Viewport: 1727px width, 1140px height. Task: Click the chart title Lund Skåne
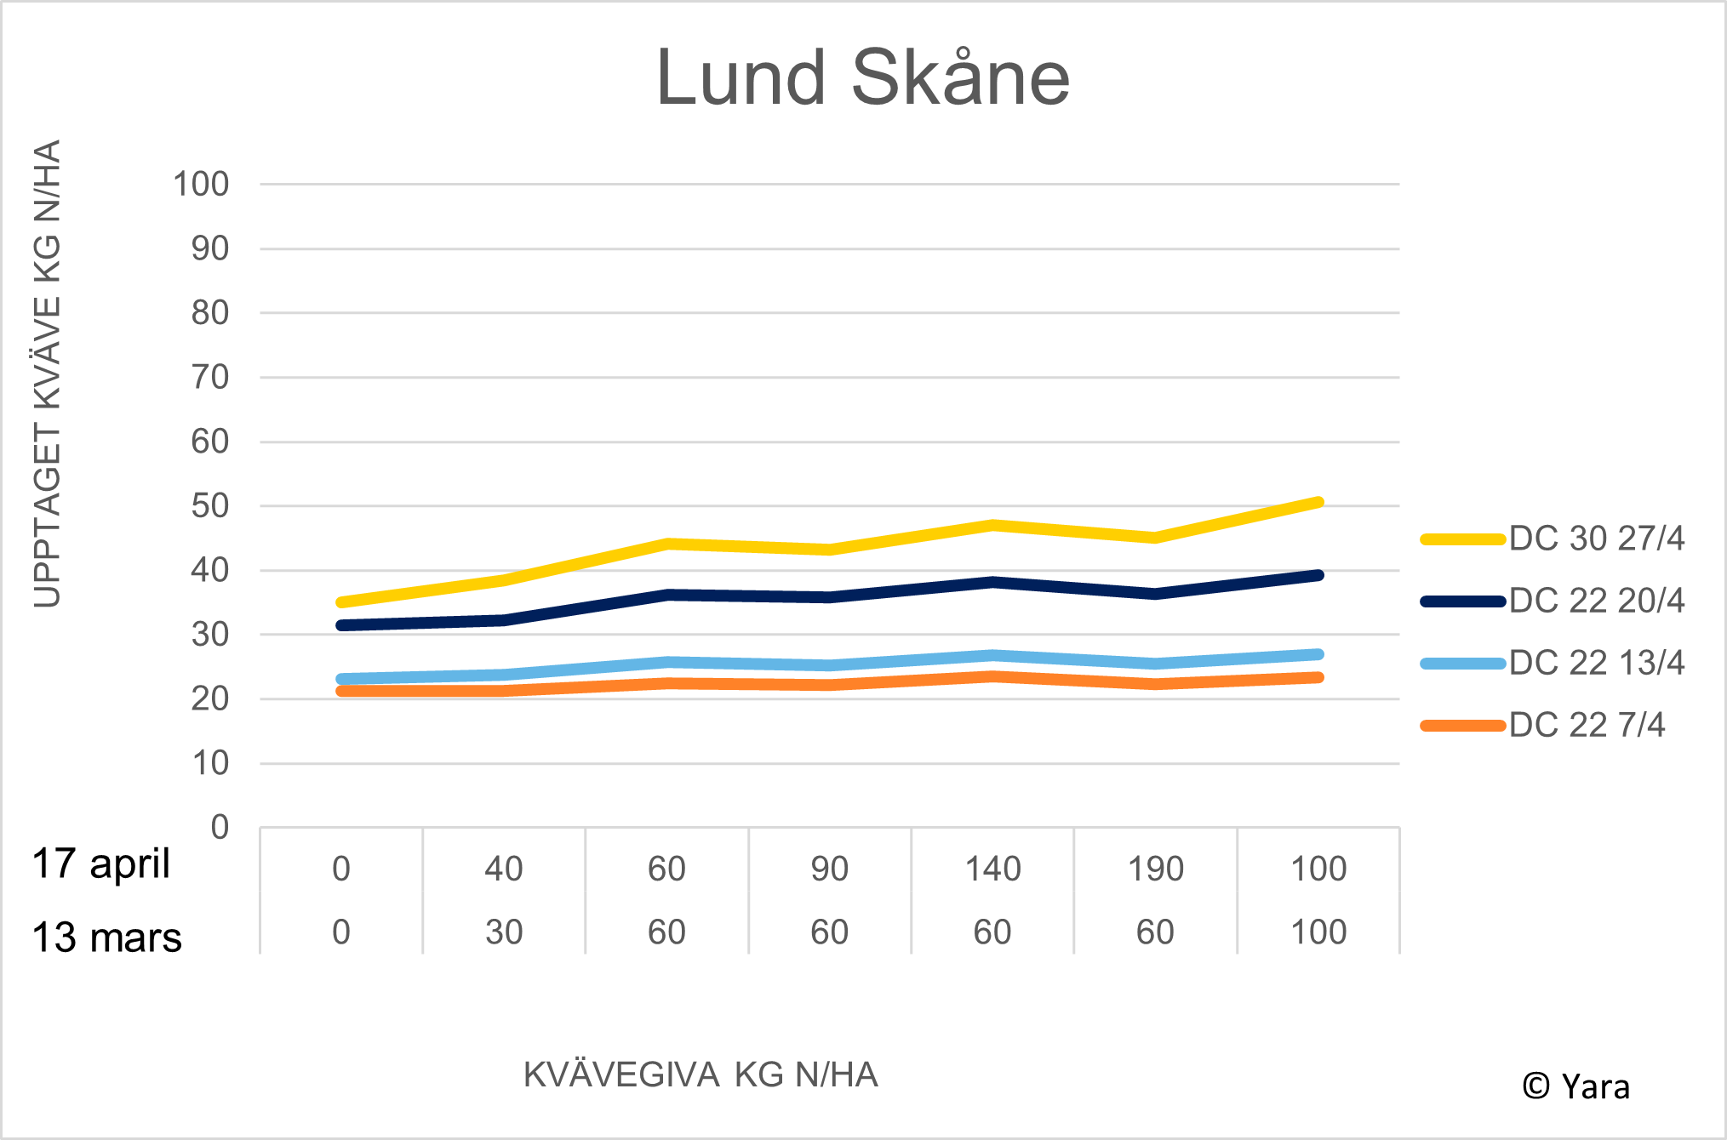862,78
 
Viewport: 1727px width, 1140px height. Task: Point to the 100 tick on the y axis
201,184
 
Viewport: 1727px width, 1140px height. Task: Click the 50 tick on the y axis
209,506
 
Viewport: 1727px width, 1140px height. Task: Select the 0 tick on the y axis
220,827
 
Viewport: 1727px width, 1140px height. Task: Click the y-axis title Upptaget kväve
48,374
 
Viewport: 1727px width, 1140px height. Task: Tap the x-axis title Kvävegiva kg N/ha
701,1075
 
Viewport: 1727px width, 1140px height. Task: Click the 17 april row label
101,864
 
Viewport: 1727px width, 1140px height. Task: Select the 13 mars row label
106,938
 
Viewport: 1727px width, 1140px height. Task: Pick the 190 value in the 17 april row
1155,869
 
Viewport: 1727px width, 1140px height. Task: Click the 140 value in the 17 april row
992,869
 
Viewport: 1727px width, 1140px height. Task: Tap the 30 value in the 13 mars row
504,932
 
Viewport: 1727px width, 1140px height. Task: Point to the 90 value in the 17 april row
829,869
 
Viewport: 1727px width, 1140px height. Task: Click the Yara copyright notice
1575,1086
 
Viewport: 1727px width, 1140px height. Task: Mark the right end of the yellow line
1318,502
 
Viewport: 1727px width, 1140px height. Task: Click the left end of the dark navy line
341,625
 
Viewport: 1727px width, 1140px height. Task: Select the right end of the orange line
1318,677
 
